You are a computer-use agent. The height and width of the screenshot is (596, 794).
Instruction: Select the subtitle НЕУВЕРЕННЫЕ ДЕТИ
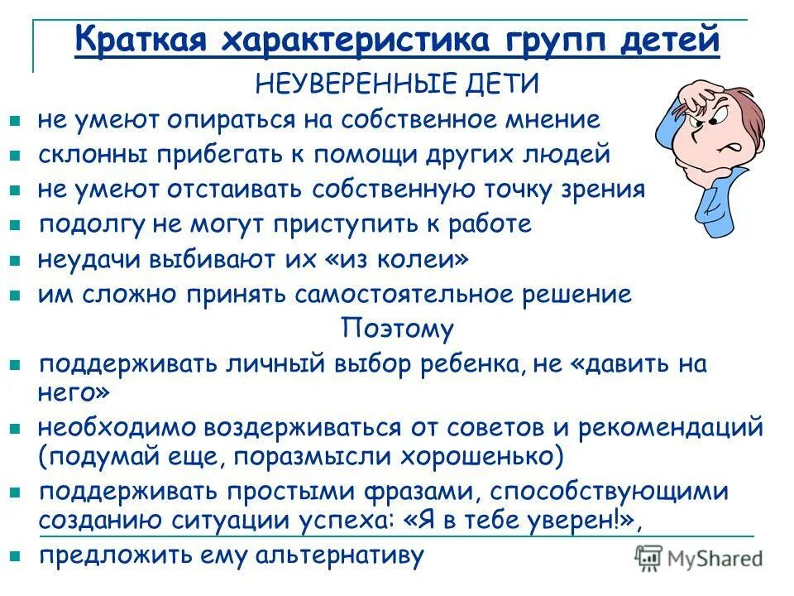(396, 84)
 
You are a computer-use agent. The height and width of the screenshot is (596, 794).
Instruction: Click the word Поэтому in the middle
(397, 329)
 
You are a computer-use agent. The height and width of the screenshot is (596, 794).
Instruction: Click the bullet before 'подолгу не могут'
(14, 225)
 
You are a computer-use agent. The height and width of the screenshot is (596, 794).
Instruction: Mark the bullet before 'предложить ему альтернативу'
(14, 555)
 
